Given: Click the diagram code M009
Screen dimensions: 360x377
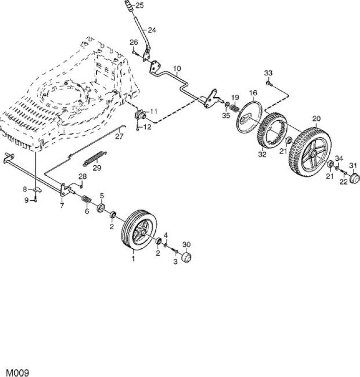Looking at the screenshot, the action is (17, 372).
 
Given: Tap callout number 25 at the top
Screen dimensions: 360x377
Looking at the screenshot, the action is (140, 5).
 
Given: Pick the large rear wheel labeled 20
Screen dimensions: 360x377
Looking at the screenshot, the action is (310, 151).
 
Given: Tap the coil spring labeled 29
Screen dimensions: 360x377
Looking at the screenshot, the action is (95, 158).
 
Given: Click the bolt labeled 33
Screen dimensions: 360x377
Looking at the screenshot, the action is (269, 83).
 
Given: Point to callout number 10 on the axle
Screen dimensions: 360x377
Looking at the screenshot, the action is (177, 68).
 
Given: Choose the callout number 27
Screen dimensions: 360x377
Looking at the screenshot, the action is (119, 136).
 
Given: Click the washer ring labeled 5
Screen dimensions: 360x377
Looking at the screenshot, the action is (100, 207).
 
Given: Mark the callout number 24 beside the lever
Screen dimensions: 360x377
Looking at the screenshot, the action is (152, 30).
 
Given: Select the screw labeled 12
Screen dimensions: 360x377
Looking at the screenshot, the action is (137, 127).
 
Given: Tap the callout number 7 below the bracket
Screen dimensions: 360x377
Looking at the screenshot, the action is (62, 205).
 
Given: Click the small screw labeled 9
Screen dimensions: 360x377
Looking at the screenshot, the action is (36, 199).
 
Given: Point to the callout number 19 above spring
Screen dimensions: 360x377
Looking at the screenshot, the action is (235, 98).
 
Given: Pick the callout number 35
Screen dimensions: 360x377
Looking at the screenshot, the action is (226, 115).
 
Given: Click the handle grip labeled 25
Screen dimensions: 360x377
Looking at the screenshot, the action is (130, 5).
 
